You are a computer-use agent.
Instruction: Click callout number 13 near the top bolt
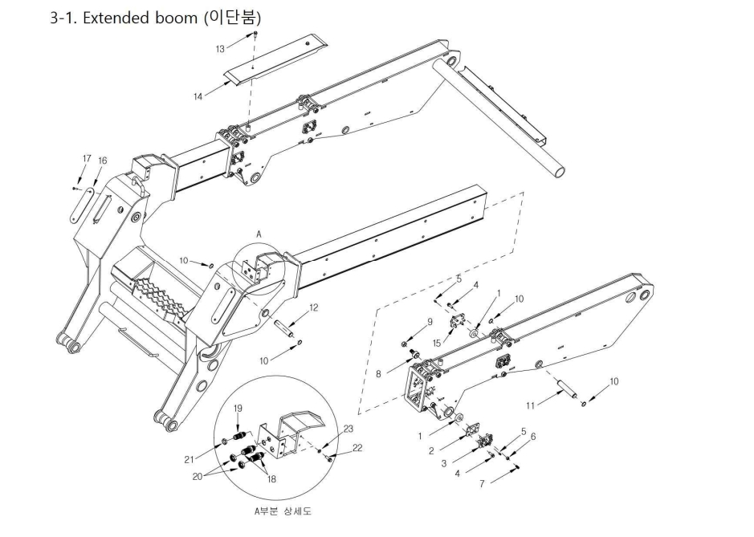(220, 49)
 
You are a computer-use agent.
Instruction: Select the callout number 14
(198, 96)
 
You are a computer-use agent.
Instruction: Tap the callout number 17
(87, 159)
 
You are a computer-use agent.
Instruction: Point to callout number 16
(103, 161)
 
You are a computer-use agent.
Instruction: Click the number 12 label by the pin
(313, 307)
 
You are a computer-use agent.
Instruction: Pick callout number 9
(430, 322)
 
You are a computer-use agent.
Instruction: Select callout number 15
(437, 343)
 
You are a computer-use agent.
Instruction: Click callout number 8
(378, 373)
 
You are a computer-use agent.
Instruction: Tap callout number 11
(530, 405)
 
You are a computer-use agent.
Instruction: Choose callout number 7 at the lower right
(482, 484)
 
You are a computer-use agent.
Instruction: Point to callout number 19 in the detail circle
(238, 409)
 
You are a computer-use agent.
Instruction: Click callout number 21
(189, 460)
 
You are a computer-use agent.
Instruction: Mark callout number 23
(348, 429)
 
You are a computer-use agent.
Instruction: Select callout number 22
(357, 448)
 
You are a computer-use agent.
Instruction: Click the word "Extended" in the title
(116, 18)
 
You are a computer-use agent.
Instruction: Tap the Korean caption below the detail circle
(283, 511)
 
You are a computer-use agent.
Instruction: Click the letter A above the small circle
(259, 234)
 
